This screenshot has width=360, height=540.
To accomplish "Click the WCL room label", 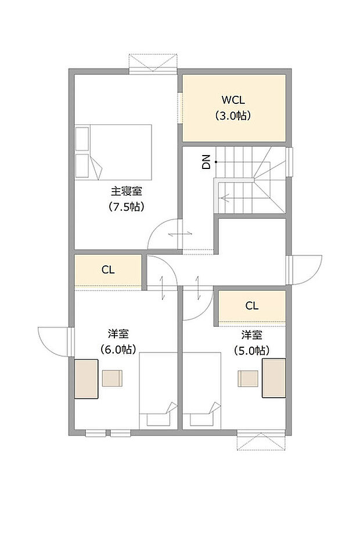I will [234, 99].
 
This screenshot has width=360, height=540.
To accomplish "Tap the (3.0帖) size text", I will [234, 116].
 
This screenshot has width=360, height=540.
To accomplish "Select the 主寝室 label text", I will [127, 190].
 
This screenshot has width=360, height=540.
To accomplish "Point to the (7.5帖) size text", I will [127, 206].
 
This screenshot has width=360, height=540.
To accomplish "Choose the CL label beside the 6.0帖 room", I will [108, 270].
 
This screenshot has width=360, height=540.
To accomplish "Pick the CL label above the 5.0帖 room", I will [251, 305].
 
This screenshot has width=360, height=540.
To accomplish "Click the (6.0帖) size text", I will [118, 350].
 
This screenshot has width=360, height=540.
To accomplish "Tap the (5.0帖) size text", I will [251, 350].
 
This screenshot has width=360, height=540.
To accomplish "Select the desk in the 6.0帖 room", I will [86, 379].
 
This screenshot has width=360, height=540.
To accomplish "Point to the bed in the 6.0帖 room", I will [159, 390].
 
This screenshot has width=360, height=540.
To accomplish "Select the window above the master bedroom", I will [152, 63].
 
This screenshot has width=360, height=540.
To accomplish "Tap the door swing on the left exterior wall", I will [53, 341].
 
